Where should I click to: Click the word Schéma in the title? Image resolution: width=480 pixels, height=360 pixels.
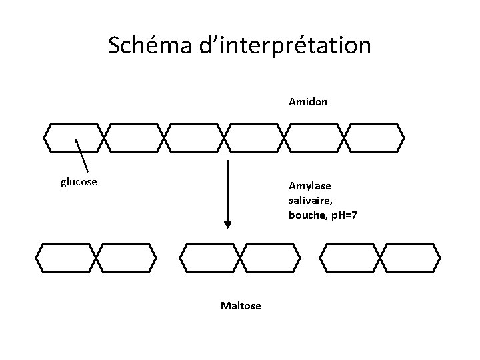tap(149, 45)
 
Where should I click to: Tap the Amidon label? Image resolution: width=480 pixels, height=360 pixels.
tap(308, 103)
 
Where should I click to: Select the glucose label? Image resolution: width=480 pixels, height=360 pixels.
tap(79, 182)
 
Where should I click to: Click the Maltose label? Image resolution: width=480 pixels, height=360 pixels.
tap(241, 305)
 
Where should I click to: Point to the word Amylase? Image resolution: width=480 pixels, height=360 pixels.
tap(309, 185)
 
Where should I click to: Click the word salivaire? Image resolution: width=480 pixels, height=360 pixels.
tap(310, 200)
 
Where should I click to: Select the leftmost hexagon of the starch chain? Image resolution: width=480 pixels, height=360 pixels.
tap(74, 138)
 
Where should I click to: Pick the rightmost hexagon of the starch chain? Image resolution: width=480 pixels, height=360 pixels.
tap(375, 138)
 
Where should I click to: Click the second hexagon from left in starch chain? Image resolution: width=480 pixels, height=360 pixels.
tap(134, 138)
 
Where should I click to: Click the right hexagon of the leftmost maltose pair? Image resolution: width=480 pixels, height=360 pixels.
tap(126, 258)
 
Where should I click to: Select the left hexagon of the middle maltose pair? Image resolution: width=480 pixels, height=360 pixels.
tap(209, 258)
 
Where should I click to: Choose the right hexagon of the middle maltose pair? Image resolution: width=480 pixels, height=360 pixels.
tap(269, 258)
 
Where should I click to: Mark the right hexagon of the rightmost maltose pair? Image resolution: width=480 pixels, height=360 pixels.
tap(410, 258)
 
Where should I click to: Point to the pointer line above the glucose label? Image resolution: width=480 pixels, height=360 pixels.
tap(83, 155)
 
